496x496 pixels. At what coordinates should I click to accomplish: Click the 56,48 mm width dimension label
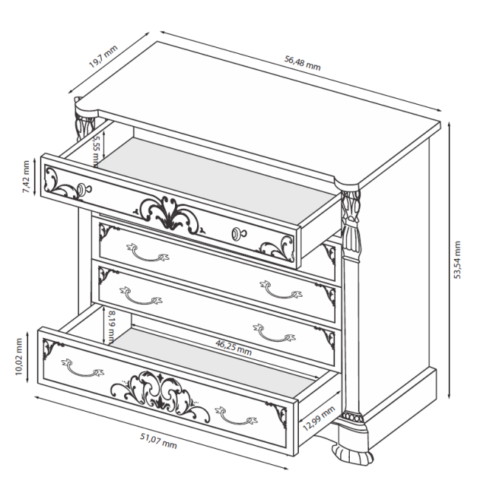302,63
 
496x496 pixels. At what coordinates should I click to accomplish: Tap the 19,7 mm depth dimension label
103,56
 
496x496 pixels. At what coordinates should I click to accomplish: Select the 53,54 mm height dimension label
457,260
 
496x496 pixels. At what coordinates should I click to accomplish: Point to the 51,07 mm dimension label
158,441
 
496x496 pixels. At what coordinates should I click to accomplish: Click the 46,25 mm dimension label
233,347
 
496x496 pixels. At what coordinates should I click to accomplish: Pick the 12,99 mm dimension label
319,418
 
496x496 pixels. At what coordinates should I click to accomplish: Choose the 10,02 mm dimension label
18,356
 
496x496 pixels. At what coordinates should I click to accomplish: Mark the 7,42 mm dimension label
26,177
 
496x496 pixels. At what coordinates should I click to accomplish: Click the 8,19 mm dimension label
111,327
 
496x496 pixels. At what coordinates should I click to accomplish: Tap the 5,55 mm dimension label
96,151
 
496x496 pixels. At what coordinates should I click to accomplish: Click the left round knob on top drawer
84,189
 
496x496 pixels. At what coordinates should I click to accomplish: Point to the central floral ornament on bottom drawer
160,393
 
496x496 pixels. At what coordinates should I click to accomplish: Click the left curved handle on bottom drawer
83,368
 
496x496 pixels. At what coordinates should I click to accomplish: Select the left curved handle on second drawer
148,252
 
